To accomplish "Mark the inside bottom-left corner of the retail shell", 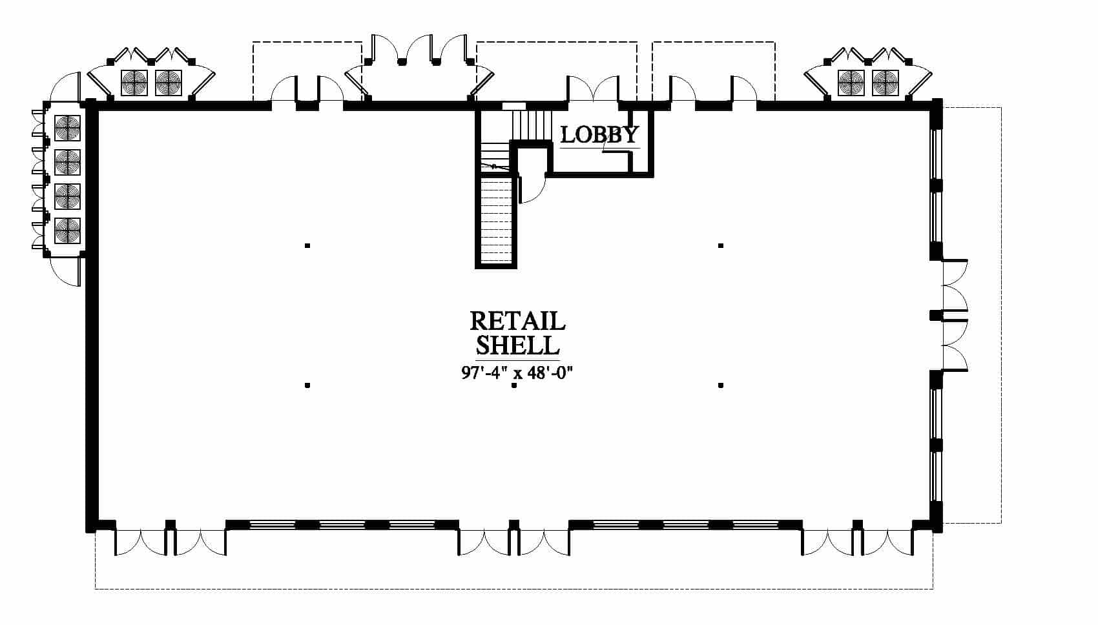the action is click(x=99, y=520).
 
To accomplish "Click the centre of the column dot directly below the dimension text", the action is click(x=513, y=385).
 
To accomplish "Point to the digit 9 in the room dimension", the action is click(x=466, y=373).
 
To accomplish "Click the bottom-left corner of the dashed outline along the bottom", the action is click(x=95, y=588).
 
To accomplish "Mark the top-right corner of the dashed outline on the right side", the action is click(x=1001, y=108).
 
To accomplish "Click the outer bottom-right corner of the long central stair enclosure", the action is click(x=517, y=269).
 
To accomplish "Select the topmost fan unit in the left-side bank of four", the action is click(x=67, y=128).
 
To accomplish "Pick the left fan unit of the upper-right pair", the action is click(x=851, y=83).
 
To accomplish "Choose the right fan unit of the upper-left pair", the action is click(x=169, y=83).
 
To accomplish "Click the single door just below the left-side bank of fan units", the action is click(x=65, y=271).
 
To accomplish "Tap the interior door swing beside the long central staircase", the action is click(x=532, y=189).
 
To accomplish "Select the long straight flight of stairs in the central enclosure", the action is click(x=496, y=221).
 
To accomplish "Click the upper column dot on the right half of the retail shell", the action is click(x=721, y=245).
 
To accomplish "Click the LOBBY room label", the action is click(x=599, y=135).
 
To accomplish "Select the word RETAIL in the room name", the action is click(x=517, y=321).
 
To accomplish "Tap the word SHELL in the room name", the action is click(x=517, y=345).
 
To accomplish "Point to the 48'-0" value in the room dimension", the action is click(x=550, y=373).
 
